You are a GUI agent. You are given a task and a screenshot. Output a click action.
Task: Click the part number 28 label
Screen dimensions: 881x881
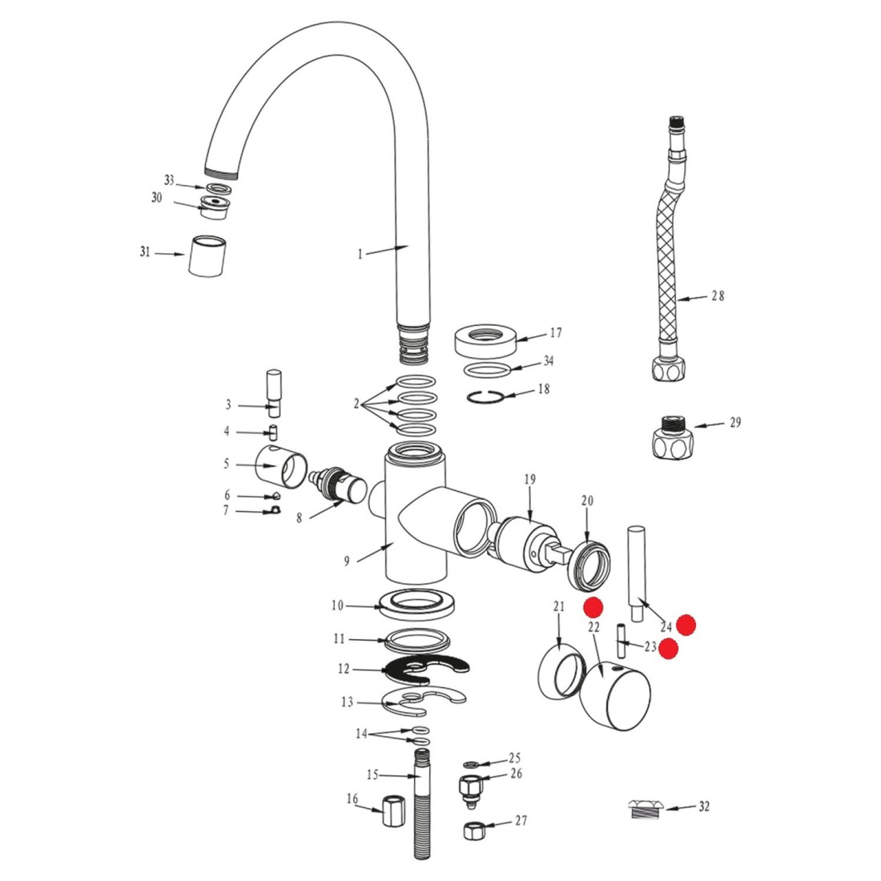click(x=718, y=296)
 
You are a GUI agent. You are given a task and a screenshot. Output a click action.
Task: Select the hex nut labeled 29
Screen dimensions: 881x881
click(x=673, y=437)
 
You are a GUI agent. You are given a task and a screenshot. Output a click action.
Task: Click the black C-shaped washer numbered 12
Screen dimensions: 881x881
click(x=427, y=669)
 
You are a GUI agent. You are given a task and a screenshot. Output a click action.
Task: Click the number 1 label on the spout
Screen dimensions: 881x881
click(x=360, y=255)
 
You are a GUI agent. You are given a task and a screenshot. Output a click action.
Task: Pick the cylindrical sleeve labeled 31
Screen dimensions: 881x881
click(x=206, y=256)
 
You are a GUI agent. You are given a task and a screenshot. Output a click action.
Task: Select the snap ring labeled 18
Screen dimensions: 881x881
click(x=485, y=396)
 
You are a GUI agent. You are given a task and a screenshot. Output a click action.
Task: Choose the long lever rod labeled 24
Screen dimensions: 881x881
click(x=637, y=573)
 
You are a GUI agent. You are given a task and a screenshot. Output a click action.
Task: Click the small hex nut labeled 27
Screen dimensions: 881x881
click(x=473, y=829)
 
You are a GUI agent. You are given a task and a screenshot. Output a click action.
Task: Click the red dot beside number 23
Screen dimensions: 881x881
click(x=668, y=649)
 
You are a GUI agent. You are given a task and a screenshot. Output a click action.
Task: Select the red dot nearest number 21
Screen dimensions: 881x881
click(x=593, y=607)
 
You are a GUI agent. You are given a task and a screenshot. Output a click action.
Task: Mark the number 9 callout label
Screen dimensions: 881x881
click(x=347, y=561)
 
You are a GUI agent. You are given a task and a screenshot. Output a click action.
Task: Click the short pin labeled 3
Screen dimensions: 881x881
click(x=274, y=393)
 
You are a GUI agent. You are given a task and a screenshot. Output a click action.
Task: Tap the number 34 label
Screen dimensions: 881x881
click(x=549, y=360)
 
